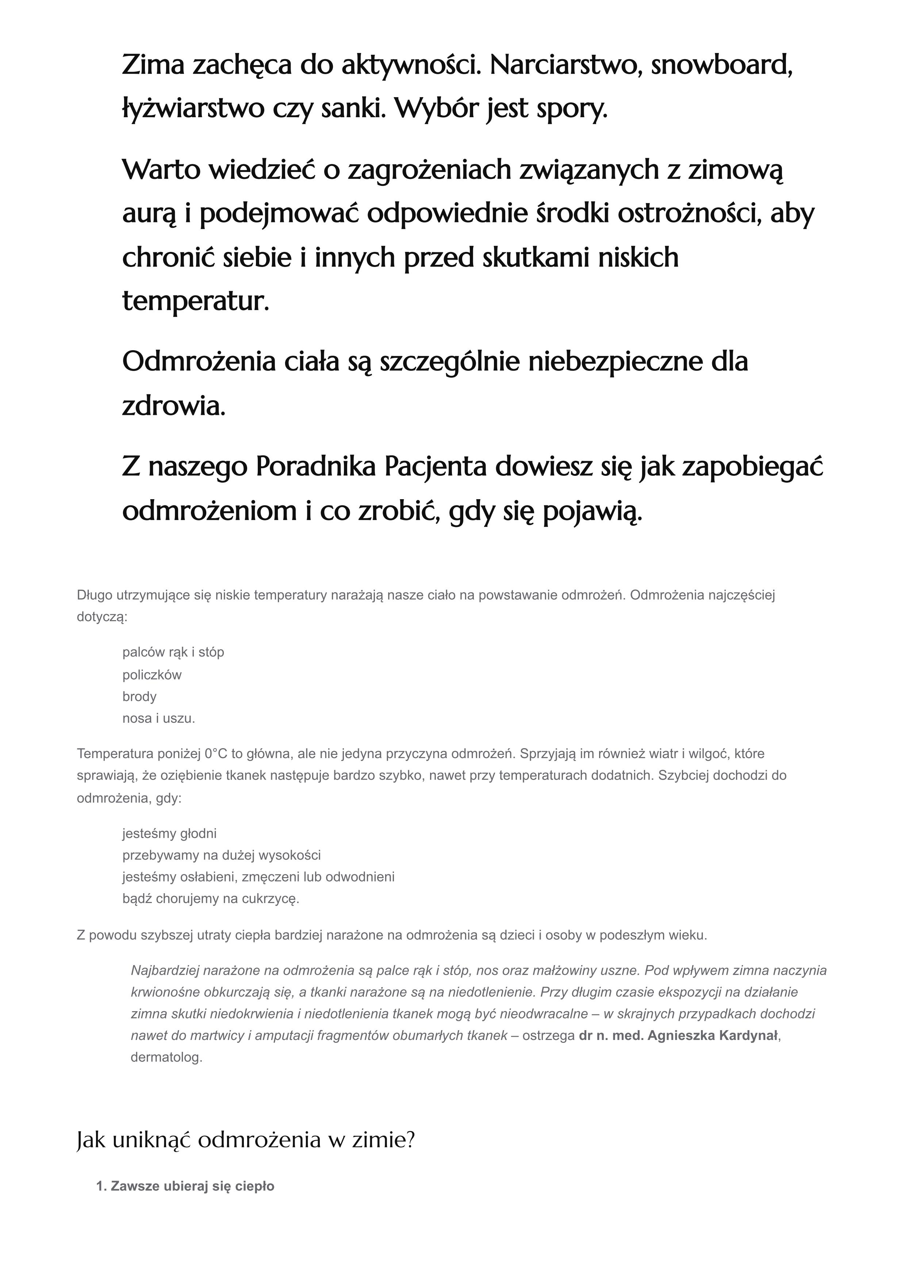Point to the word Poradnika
(316, 467)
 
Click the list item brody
(139, 696)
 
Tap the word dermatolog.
(166, 1057)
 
